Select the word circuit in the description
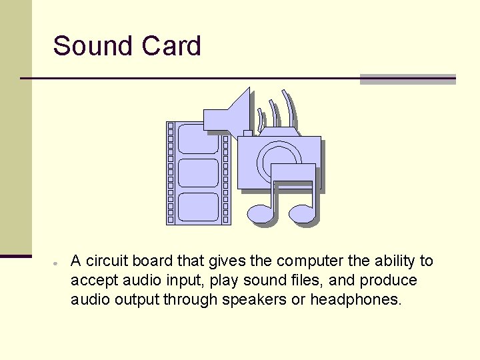click(x=107, y=261)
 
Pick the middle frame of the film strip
click(x=199, y=173)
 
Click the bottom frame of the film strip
click(x=199, y=207)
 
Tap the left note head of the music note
click(x=261, y=214)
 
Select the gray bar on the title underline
click(x=407, y=79)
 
